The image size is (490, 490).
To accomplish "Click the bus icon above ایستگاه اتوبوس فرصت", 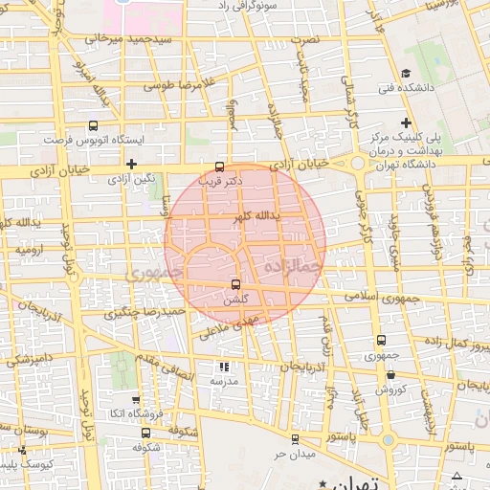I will (93, 125).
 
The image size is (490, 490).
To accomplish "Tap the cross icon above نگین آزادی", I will (131, 164).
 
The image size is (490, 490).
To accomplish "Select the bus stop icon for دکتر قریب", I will (221, 166).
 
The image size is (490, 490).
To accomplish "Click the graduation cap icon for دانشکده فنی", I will (406, 74).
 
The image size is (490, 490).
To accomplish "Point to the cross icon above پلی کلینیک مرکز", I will (407, 122).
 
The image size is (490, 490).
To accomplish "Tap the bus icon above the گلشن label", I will (235, 285).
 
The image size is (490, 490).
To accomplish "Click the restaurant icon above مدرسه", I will (224, 367).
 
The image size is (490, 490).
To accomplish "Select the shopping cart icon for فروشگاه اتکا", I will (135, 400).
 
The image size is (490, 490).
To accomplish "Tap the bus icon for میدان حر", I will (294, 438).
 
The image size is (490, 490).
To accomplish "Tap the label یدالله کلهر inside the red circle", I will (256, 217).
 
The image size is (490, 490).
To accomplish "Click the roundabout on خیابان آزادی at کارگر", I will (359, 164).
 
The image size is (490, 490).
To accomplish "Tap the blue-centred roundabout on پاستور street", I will (389, 440).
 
